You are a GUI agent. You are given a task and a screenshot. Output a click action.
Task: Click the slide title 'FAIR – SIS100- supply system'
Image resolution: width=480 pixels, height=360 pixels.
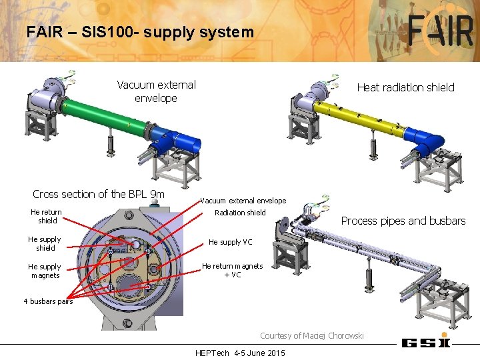140,31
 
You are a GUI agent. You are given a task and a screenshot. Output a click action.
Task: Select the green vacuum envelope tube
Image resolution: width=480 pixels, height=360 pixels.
107,119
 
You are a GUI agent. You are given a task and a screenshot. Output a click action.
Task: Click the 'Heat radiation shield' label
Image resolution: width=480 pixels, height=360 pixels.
405,87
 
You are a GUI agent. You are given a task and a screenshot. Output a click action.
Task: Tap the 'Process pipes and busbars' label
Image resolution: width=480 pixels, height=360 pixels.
403,221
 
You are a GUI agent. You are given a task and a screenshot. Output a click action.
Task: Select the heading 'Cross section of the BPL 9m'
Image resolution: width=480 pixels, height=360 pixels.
99,194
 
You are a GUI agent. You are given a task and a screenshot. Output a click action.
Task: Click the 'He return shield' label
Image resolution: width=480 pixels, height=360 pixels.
46,216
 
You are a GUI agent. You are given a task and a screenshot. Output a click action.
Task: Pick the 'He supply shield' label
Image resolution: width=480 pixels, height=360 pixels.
45,243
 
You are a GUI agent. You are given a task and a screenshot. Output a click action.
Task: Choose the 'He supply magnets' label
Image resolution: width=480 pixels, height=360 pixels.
45,271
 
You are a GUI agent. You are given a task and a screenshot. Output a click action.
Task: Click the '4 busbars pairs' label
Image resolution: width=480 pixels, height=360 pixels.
48,301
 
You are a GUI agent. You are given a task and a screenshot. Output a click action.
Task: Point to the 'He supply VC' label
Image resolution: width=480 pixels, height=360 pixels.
231,242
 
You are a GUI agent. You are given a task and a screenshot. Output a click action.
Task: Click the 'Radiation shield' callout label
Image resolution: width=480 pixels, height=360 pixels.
240,213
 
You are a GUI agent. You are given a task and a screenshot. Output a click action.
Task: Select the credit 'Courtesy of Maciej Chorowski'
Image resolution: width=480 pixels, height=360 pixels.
312,335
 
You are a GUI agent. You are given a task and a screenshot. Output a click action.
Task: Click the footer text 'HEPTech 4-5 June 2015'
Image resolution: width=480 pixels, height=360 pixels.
240,353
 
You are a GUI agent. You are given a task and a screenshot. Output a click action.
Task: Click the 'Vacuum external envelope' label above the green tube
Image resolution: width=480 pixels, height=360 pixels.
156,91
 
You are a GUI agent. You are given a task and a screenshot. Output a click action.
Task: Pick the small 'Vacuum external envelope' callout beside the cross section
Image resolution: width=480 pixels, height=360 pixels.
243,201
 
